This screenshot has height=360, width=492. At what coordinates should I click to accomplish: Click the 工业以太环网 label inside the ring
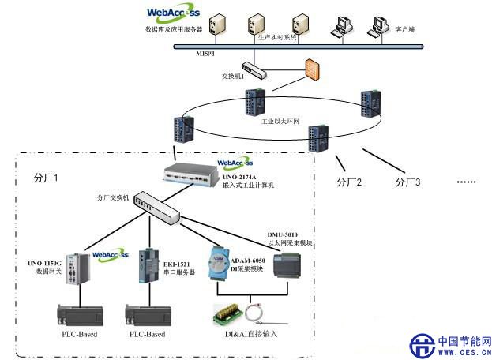(x=280, y=122)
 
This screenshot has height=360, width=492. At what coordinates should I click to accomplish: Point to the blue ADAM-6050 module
(x=222, y=264)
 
